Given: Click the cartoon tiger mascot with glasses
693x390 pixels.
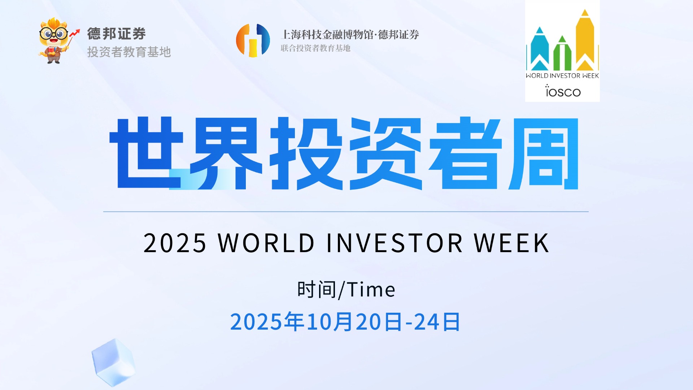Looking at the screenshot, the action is [x=54, y=41].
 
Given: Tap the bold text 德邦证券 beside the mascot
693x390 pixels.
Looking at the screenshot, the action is [x=116, y=34].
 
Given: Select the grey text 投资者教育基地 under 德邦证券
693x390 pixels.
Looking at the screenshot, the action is [x=129, y=52].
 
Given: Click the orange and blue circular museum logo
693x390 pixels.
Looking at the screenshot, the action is [x=253, y=40].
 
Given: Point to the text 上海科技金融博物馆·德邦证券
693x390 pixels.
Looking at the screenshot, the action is [x=350, y=35].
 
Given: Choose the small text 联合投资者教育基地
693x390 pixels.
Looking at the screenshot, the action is [x=315, y=48].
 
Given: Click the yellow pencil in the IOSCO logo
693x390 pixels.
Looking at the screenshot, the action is [x=585, y=40].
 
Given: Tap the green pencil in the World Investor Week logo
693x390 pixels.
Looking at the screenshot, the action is [x=562, y=53].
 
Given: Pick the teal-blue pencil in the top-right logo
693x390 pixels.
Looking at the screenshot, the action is [x=540, y=48].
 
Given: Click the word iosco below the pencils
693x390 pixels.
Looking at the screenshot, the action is [x=563, y=91].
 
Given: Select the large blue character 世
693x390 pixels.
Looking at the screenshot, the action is [x=146, y=152].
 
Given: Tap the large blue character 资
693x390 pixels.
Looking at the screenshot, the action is [x=385, y=153].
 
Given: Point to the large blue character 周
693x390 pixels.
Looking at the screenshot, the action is [x=544, y=153].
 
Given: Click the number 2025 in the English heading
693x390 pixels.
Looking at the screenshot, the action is [x=175, y=243].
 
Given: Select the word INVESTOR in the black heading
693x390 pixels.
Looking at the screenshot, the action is [x=394, y=243].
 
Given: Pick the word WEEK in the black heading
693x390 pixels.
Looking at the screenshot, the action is [x=511, y=243].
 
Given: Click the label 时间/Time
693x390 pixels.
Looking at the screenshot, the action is [x=346, y=290].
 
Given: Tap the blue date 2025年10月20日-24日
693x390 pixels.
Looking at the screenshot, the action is [x=345, y=322].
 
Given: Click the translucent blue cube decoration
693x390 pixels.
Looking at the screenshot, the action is [x=113, y=362].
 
